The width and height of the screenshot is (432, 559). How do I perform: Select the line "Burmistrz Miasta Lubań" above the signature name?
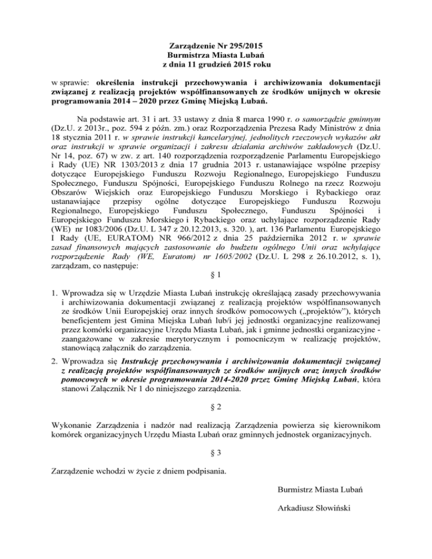tap(320, 490)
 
